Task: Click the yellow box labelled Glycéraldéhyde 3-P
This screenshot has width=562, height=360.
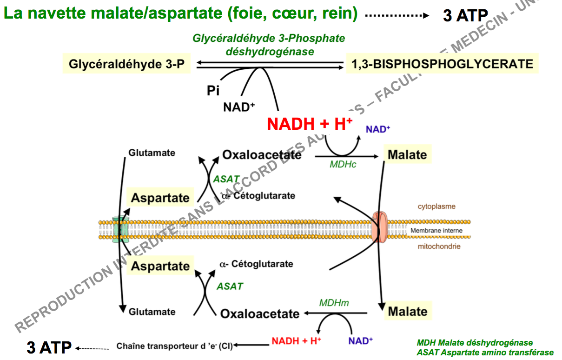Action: point(127,64)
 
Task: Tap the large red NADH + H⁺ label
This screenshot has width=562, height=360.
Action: point(310,124)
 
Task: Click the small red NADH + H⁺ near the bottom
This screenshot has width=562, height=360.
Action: point(296,341)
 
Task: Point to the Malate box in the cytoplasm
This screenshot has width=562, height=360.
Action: point(407,154)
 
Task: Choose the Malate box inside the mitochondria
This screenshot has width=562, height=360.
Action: point(407,311)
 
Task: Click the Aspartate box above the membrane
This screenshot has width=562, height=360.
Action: point(160,198)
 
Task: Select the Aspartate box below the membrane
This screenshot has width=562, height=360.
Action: point(160,266)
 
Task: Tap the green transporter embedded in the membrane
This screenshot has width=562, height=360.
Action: point(121,229)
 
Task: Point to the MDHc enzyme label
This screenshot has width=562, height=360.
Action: point(343,164)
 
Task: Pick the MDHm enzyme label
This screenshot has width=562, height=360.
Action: point(334,303)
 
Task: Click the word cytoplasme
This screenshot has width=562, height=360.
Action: point(436,207)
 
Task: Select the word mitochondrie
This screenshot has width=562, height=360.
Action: point(439,247)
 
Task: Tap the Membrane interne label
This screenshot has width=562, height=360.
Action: point(436,231)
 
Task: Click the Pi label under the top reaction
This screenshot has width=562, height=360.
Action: point(213,90)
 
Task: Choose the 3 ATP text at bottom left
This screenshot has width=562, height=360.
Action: point(49,347)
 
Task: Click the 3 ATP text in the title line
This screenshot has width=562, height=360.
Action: point(465,16)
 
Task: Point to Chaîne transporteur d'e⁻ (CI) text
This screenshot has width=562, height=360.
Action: point(174,346)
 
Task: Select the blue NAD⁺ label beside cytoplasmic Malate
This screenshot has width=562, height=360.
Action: point(377,129)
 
